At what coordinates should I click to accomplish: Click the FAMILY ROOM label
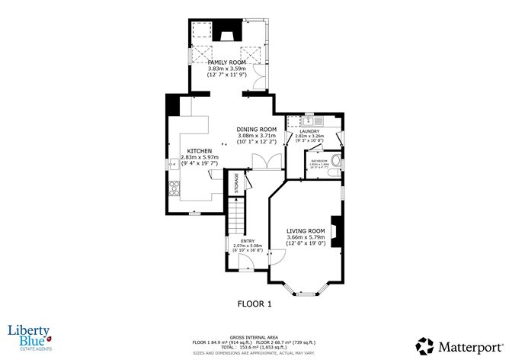[x=229, y=62]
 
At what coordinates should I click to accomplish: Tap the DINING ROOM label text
[x=257, y=130]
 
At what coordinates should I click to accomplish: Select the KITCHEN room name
[x=200, y=151]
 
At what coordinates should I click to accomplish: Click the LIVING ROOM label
[x=306, y=231]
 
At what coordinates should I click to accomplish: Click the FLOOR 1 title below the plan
[x=254, y=304]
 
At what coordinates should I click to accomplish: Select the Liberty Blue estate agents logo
[x=28, y=335]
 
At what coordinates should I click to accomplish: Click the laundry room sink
[x=309, y=121]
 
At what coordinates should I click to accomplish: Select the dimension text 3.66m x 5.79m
[x=306, y=237]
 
